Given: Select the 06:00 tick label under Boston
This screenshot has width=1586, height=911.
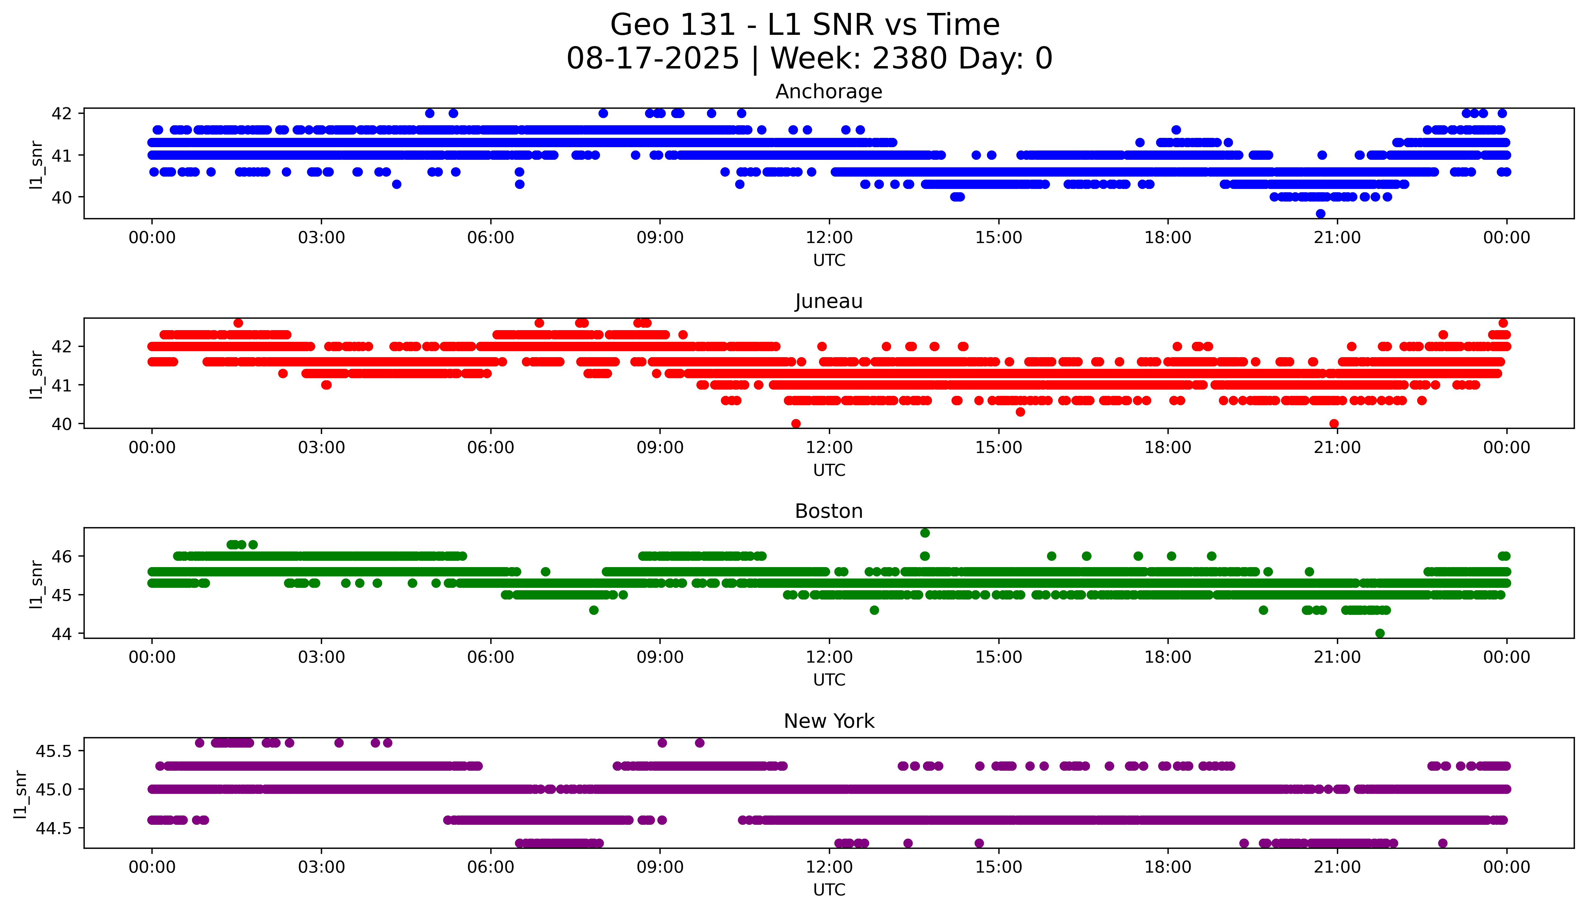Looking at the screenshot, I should (x=491, y=657).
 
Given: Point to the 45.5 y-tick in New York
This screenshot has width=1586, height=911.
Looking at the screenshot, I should (x=54, y=751).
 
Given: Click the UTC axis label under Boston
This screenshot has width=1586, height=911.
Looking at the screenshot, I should (x=829, y=679).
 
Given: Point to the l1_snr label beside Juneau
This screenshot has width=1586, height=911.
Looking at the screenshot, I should (x=36, y=374).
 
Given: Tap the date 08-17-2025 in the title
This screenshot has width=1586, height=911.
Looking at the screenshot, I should (x=653, y=59).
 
